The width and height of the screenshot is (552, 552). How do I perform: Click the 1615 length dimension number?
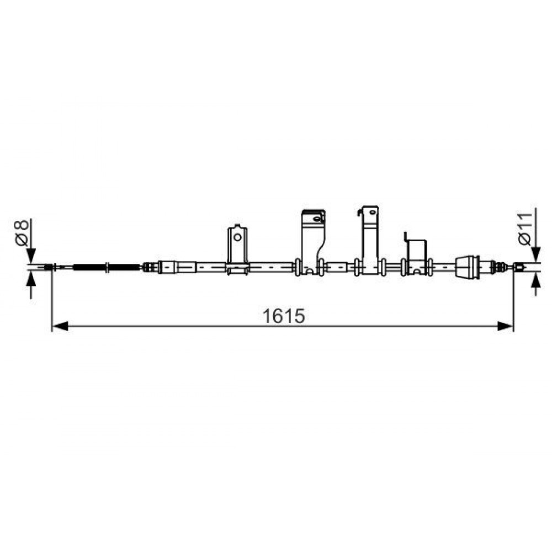tap(283, 316)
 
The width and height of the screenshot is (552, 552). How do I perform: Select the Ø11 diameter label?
tap(524, 229)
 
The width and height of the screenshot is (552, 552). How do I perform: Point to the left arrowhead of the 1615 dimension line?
tap(60, 326)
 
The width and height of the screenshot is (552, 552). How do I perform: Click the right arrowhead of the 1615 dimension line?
tap(506, 326)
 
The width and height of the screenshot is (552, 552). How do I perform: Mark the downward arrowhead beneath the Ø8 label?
tap(31, 256)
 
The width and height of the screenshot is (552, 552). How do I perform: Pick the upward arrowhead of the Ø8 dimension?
tap(31, 279)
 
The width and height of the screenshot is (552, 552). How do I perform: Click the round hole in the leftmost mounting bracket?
tap(237, 237)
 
